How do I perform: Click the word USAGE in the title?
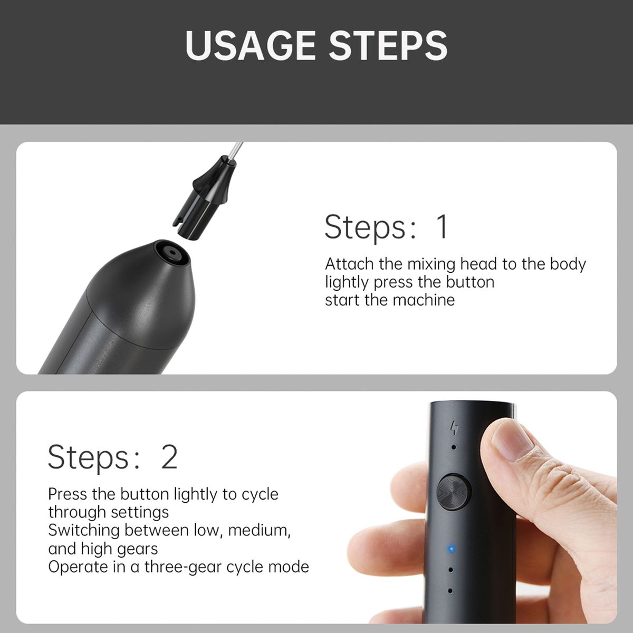click(251, 45)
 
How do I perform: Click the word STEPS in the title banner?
click(388, 45)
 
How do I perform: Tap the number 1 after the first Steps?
click(442, 227)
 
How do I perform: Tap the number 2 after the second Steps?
click(169, 457)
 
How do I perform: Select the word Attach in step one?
click(349, 264)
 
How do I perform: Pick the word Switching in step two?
click(84, 531)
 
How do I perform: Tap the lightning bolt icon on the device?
click(454, 428)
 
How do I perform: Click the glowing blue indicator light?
click(452, 549)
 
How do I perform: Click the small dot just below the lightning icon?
click(454, 447)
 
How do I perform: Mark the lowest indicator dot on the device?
click(450, 591)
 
